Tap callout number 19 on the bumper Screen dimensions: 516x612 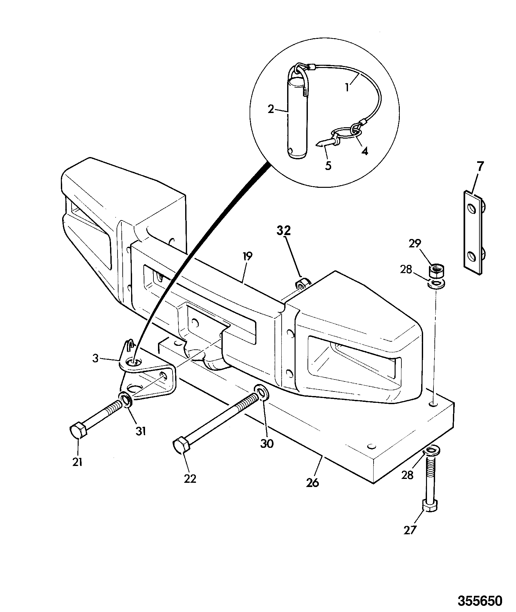(x=247, y=257)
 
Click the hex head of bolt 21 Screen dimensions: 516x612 (x=78, y=430)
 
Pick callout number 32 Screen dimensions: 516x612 (x=284, y=230)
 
